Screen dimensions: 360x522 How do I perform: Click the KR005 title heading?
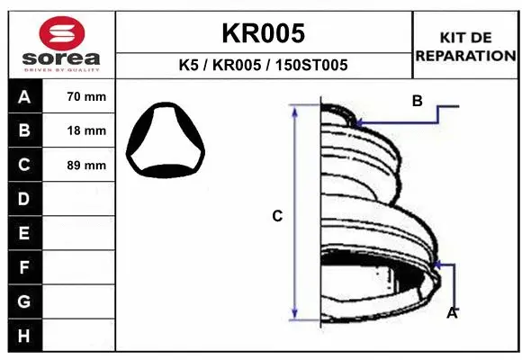click(263, 33)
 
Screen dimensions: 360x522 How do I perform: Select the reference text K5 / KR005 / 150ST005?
click(264, 66)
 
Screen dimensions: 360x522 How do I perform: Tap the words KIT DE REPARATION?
click(465, 46)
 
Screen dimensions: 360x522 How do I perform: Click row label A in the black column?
click(24, 97)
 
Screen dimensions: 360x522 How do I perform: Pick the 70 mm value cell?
click(86, 97)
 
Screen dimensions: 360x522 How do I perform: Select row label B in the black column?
click(24, 130)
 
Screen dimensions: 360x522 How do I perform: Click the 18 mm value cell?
click(86, 130)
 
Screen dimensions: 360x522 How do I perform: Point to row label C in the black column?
click(24, 165)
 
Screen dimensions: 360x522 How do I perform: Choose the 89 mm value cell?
click(86, 166)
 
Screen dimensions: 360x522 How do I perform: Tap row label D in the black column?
click(24, 198)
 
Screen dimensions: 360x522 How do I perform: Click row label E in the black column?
click(24, 233)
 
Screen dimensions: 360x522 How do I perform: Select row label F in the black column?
click(24, 267)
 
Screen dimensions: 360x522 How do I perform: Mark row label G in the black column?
click(24, 301)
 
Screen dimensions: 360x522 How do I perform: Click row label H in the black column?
click(24, 336)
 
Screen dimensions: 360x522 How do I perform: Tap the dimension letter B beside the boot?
click(417, 102)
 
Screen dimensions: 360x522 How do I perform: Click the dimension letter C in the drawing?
click(277, 216)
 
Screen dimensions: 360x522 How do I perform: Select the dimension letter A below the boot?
click(453, 312)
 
